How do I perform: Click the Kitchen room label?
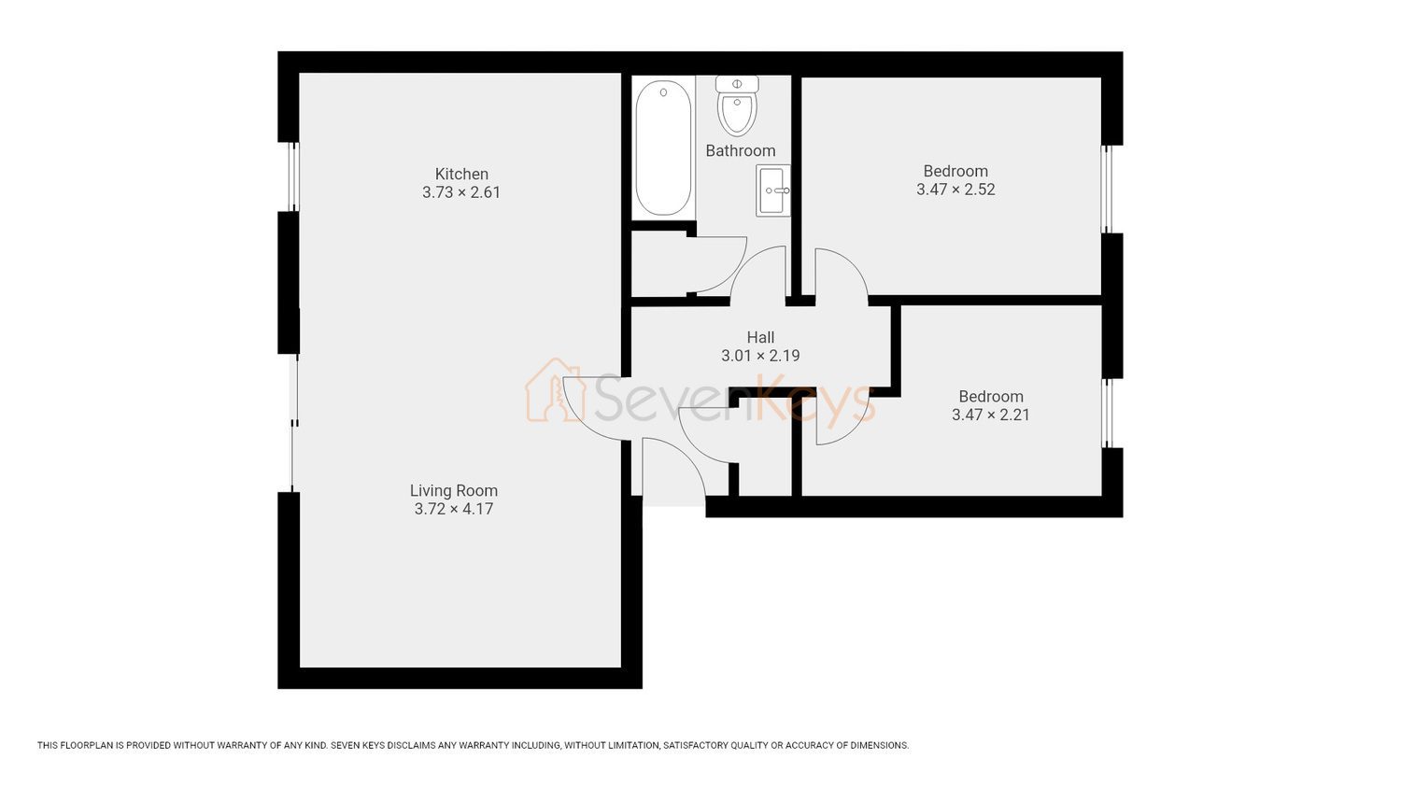tap(461, 174)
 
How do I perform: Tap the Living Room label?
tap(454, 491)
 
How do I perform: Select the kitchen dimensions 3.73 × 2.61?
tap(461, 192)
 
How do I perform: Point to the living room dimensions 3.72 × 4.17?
tap(454, 509)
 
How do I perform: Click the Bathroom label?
tap(741, 150)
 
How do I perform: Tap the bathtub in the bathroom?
tap(663, 148)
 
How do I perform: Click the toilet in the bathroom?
tap(738, 106)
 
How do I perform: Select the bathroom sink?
tap(773, 190)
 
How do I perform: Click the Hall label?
tap(760, 337)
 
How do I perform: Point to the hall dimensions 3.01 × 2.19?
tap(760, 356)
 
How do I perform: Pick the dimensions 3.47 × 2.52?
tap(955, 190)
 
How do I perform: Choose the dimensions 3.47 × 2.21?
tap(991, 415)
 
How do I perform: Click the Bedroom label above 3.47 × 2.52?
tap(955, 171)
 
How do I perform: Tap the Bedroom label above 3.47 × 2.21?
tap(991, 397)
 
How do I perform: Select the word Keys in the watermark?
tap(814, 401)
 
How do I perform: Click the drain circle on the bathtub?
tap(663, 92)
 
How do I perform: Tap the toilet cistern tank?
tap(738, 84)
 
